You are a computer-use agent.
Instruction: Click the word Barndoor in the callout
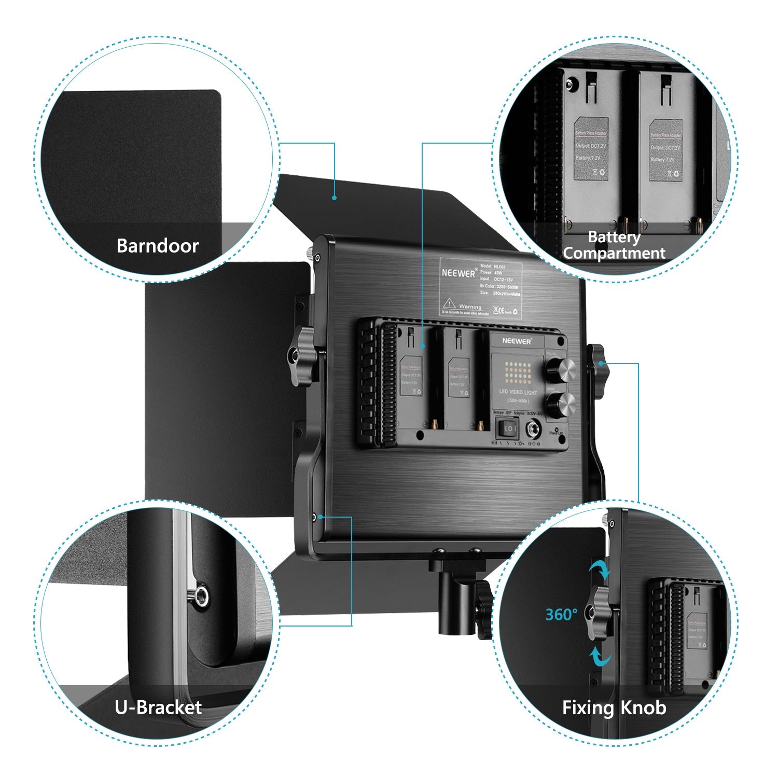pos(157,245)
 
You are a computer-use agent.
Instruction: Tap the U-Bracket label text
pos(158,707)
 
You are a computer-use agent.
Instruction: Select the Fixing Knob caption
pos(614,707)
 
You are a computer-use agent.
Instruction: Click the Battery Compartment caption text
pos(614,245)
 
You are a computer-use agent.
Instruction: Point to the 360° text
pos(561,615)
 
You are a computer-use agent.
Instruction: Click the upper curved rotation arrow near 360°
pos(600,571)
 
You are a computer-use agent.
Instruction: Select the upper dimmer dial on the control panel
pos(561,370)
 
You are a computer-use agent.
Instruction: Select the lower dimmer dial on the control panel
pos(561,403)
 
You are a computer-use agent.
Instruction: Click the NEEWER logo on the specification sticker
pos(459,272)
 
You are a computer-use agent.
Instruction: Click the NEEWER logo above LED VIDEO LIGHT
pos(517,341)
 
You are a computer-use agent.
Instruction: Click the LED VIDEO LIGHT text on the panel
pos(518,392)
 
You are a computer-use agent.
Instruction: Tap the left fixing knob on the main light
pos(301,356)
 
